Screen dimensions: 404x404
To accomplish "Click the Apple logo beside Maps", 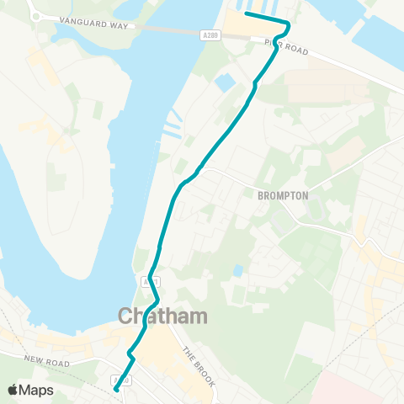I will click(13, 390).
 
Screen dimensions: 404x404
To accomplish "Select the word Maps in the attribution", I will click(37, 391).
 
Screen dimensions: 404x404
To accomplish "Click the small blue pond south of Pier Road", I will click(225, 83).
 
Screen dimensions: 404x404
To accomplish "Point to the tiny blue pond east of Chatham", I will click(239, 270).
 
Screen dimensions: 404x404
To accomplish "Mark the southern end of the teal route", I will click(115, 390).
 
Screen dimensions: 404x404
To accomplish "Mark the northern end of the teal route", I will click(246, 13).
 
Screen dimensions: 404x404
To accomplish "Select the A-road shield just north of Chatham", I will click(146, 280).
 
